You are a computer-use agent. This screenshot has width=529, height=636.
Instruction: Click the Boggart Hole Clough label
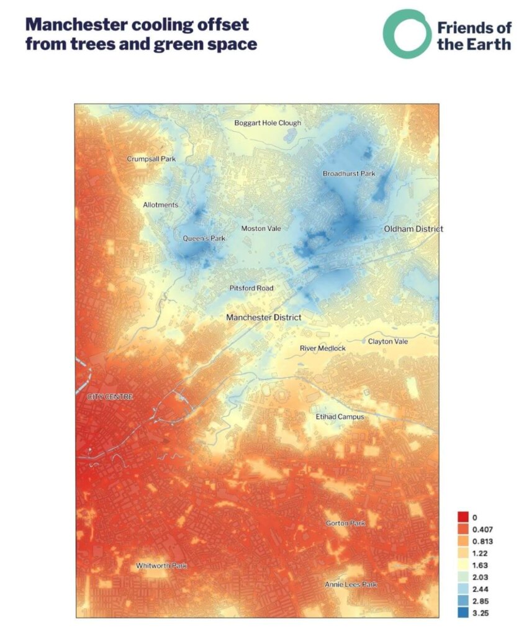(267, 123)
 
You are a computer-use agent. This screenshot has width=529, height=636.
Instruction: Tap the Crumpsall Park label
(151, 159)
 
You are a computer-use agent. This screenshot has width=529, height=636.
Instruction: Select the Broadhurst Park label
(349, 174)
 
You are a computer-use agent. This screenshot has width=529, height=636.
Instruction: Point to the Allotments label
(160, 205)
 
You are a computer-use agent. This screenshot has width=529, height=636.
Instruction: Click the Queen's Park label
(204, 238)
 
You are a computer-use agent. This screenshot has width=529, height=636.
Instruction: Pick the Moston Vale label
(261, 229)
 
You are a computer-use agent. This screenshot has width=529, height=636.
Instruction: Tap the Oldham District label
(414, 229)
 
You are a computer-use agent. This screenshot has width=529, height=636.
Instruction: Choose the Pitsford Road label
(251, 288)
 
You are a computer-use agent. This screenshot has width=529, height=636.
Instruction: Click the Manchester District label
(263, 317)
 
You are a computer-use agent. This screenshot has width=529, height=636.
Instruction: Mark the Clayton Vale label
(388, 342)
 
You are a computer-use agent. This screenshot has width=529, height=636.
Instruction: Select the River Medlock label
(322, 348)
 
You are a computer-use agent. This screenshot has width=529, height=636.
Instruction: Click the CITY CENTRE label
(110, 396)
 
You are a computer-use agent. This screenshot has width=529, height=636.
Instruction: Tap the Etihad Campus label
(340, 417)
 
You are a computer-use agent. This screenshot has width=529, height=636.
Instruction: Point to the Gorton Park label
(345, 524)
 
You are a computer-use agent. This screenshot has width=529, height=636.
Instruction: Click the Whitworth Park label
(161, 566)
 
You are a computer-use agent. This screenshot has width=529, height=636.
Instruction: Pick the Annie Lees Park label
(351, 585)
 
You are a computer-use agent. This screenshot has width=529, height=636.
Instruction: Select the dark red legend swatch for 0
(463, 517)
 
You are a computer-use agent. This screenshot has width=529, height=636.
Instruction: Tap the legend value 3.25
(482, 614)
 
